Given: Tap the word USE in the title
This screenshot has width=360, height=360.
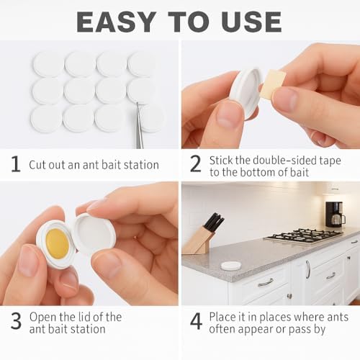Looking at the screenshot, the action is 251,22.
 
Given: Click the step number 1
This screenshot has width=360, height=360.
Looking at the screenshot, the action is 16,164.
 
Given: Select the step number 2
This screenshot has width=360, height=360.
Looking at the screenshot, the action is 195,163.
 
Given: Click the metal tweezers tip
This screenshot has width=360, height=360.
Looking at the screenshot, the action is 137,103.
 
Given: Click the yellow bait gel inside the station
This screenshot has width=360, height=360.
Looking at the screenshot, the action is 58,243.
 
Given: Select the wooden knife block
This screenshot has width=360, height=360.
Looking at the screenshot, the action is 199,241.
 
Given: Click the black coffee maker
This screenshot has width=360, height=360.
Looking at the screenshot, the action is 334,215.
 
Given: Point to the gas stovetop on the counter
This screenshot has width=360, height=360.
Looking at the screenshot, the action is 304,235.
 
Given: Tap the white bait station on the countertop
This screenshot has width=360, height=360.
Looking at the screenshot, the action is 230,265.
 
